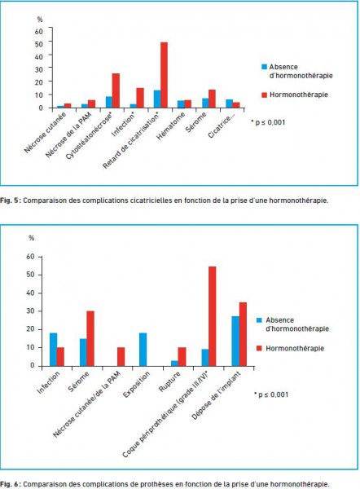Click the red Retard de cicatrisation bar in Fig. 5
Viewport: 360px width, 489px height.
pos(164,75)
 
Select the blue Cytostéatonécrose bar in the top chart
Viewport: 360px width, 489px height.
pos(109,102)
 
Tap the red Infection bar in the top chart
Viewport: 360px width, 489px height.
pos(140,98)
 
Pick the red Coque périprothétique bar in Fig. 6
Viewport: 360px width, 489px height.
pos(213,316)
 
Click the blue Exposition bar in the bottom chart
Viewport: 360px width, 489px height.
pos(143,350)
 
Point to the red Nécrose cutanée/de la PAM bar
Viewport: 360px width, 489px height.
pos(121,356)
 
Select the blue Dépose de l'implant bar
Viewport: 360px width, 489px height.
pos(235,341)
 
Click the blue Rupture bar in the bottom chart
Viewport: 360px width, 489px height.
pos(174,363)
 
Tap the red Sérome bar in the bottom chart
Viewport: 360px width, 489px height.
pos(90,338)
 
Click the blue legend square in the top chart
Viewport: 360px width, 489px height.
pos(265,67)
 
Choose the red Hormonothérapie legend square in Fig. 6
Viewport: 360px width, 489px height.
pos(259,348)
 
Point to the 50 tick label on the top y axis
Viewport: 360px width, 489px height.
pos(38,44)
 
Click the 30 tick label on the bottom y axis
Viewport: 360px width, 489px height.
pos(30,311)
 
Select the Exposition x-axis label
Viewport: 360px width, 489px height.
pos(136,384)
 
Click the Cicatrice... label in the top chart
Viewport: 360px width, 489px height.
pos(220,126)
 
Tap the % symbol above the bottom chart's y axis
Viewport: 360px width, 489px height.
pos(31,238)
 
